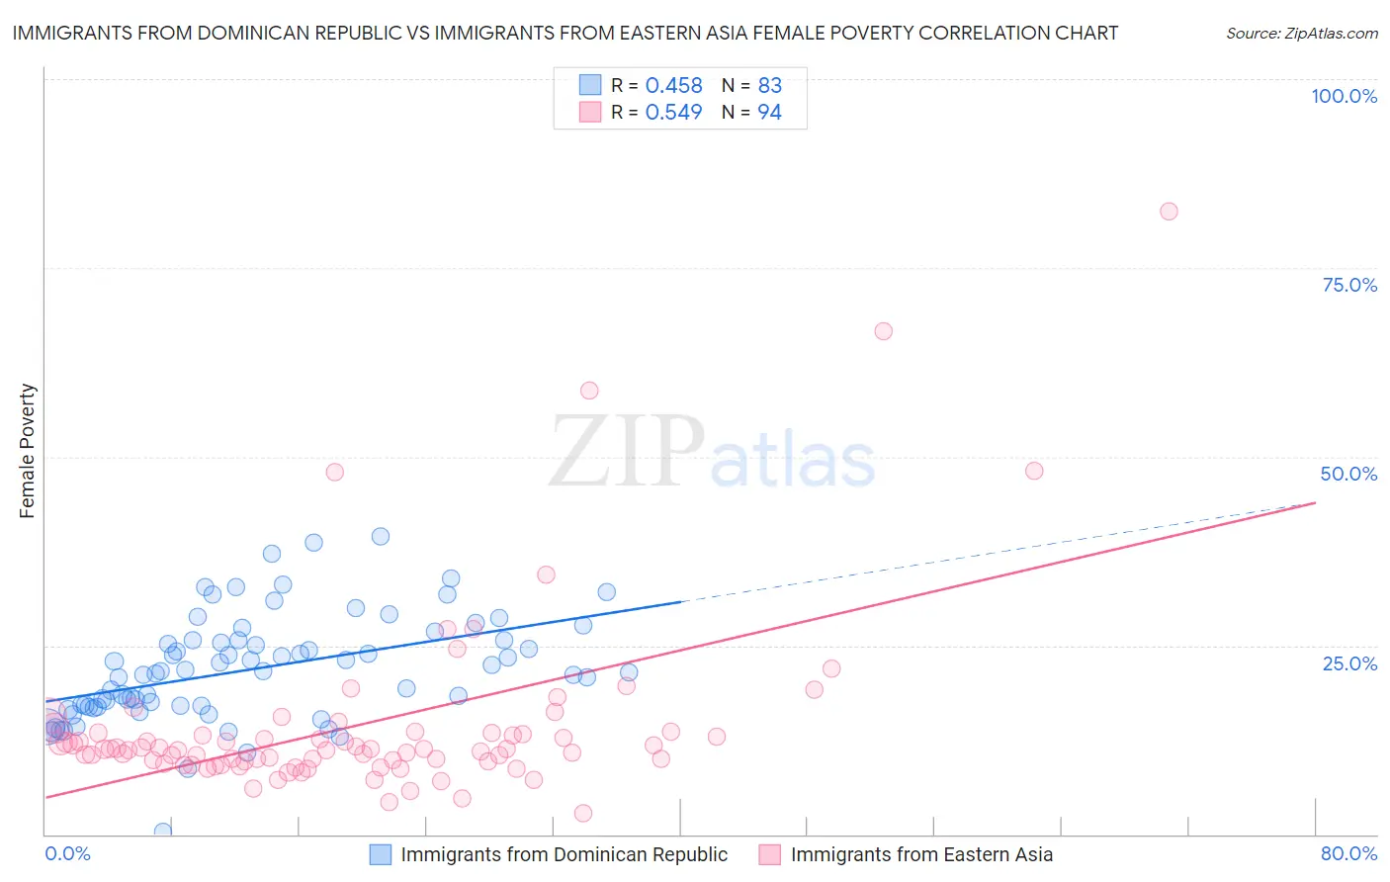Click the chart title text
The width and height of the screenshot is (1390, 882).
click(565, 33)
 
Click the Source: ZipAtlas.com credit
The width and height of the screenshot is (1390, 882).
click(1301, 33)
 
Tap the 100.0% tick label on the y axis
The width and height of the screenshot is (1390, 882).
click(1344, 96)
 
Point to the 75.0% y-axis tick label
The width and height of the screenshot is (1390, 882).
click(1349, 285)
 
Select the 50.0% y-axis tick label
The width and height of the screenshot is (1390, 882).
click(1348, 474)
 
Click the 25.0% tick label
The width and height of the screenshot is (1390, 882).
click(1349, 663)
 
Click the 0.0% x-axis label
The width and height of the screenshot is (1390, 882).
click(68, 853)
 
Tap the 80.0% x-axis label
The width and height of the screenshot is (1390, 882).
click(1348, 853)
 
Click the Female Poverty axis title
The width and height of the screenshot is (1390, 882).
click(28, 451)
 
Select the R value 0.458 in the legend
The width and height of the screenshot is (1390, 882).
click(673, 86)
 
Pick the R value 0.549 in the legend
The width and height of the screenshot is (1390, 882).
click(673, 113)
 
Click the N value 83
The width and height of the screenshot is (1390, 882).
click(769, 86)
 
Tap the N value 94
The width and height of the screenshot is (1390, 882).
click(769, 113)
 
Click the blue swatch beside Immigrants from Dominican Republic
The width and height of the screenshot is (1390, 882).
click(381, 854)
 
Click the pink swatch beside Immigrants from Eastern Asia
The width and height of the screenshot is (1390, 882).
click(770, 854)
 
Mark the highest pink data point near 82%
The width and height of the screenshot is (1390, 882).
click(1169, 211)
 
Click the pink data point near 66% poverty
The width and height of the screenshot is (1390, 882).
click(884, 331)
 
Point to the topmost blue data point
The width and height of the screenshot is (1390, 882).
click(381, 536)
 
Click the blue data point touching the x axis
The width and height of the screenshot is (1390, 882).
click(163, 832)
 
